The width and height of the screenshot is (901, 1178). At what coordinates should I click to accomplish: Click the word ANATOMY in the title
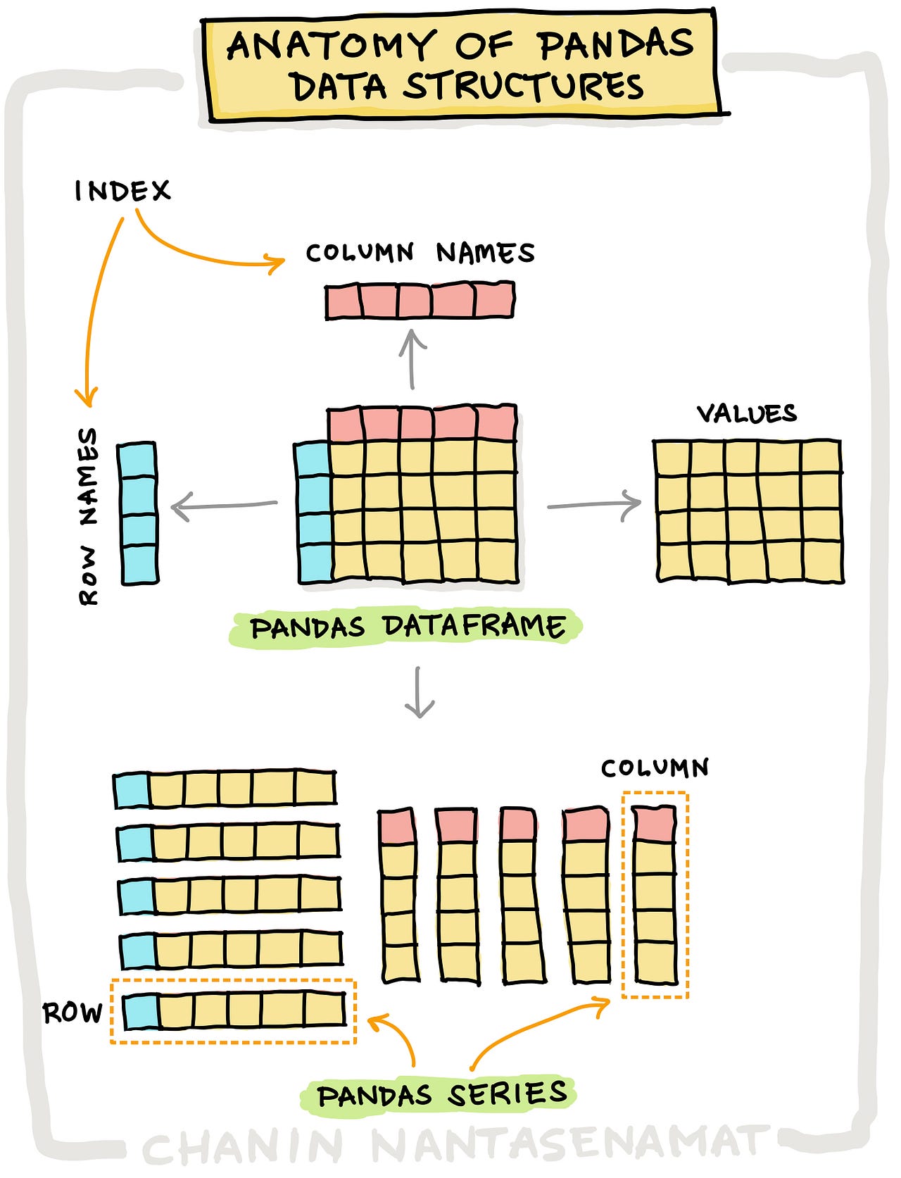tap(330, 46)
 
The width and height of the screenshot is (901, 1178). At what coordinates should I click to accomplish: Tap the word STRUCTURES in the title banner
tap(523, 87)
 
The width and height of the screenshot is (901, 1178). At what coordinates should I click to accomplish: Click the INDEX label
tap(122, 191)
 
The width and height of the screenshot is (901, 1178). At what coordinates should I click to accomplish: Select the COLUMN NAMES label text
tap(420, 253)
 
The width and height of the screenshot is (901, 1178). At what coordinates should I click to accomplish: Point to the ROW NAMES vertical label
tap(89, 516)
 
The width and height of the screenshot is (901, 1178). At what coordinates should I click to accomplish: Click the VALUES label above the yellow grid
tap(747, 413)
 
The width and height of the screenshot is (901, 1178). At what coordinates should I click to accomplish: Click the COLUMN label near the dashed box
tap(655, 767)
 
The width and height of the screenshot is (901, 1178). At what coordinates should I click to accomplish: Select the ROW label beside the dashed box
tap(73, 1013)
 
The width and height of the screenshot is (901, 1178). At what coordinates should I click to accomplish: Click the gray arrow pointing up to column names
tap(412, 359)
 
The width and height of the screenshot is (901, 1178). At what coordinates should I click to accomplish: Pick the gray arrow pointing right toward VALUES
tap(595, 505)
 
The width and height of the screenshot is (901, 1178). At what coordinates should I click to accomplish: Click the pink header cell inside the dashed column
tap(654, 823)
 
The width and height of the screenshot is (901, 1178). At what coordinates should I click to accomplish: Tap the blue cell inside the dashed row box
tap(141, 1011)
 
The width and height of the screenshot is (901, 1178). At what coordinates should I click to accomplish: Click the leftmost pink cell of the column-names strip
tap(344, 301)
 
